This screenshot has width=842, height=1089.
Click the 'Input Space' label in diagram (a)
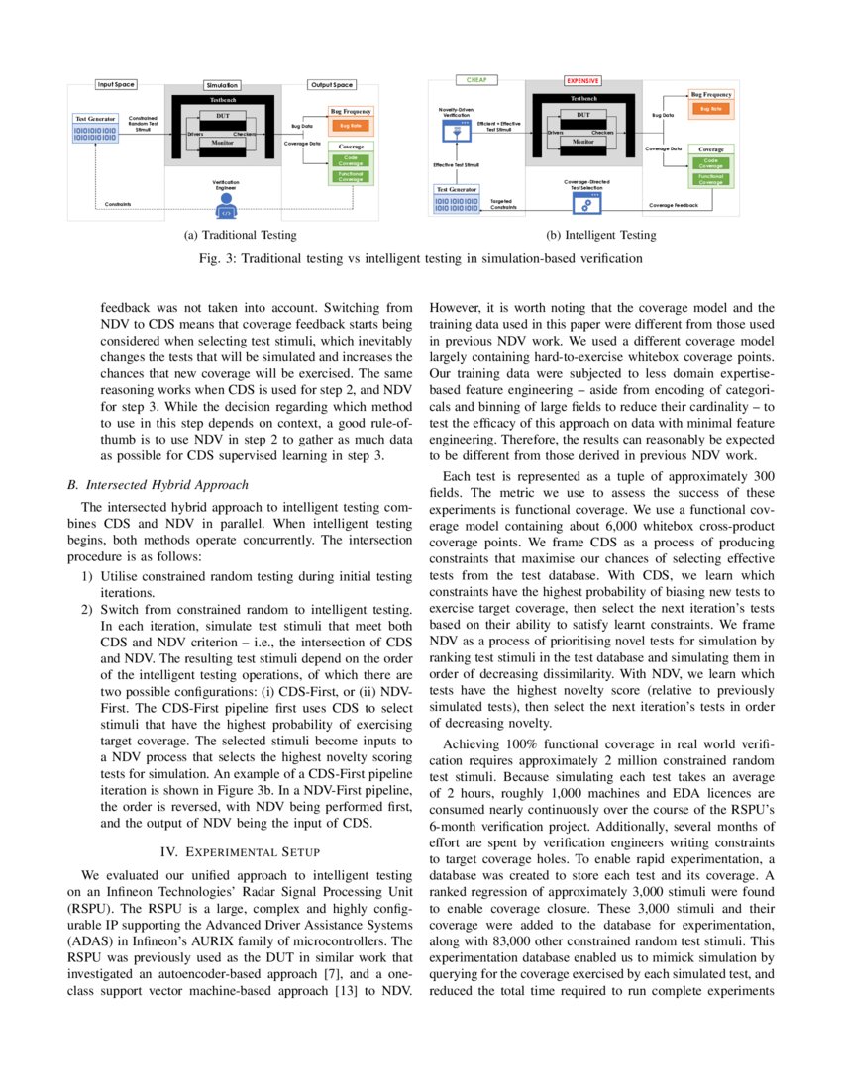pyautogui.click(x=115, y=85)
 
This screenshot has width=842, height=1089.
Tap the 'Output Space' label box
pyautogui.click(x=329, y=85)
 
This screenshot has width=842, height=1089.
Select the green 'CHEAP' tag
pyautogui.click(x=476, y=79)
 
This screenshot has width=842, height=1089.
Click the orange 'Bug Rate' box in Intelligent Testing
pyautogui.click(x=711, y=108)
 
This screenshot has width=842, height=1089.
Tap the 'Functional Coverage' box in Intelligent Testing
pyautogui.click(x=711, y=179)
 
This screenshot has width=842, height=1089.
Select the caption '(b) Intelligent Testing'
pyautogui.click(x=600, y=235)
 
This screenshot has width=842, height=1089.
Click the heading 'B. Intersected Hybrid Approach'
pyautogui.click(x=157, y=485)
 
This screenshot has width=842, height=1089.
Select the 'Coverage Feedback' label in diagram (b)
pyautogui.click(x=673, y=206)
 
